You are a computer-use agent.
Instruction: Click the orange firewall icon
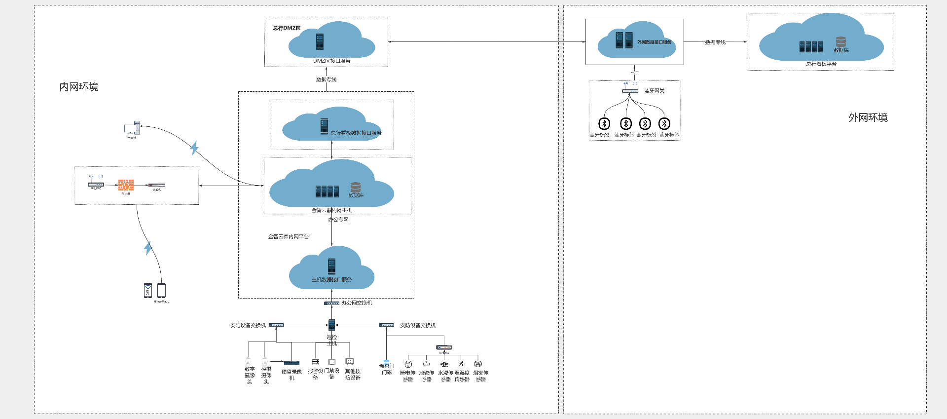coord(126,185)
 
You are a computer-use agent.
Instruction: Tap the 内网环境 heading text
coord(79,87)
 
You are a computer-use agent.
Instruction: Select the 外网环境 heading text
coord(868,117)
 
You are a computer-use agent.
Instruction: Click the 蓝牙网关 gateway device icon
coord(630,91)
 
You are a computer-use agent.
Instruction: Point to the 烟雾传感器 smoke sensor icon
coord(477,364)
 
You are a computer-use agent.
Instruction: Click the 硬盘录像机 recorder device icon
coord(291,363)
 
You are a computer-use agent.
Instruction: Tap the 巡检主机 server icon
coord(331,325)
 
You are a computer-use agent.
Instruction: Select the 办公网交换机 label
coord(357,303)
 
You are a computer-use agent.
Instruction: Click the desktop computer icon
coord(132,128)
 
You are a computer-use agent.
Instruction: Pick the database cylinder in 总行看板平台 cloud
coord(841,42)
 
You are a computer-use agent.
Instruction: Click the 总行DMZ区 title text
coord(287,28)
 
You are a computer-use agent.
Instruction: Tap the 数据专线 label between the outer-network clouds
coord(715,42)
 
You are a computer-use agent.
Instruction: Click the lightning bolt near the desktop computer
coord(194,148)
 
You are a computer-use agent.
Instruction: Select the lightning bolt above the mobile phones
coord(147,248)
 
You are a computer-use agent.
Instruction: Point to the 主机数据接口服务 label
coord(331,280)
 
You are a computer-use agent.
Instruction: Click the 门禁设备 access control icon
coord(332,362)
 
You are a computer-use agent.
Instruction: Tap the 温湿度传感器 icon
coord(461,364)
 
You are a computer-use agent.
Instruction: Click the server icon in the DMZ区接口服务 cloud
coord(320,41)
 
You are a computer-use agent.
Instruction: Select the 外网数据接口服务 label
coord(654,42)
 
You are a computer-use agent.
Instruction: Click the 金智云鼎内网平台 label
coord(288,237)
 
